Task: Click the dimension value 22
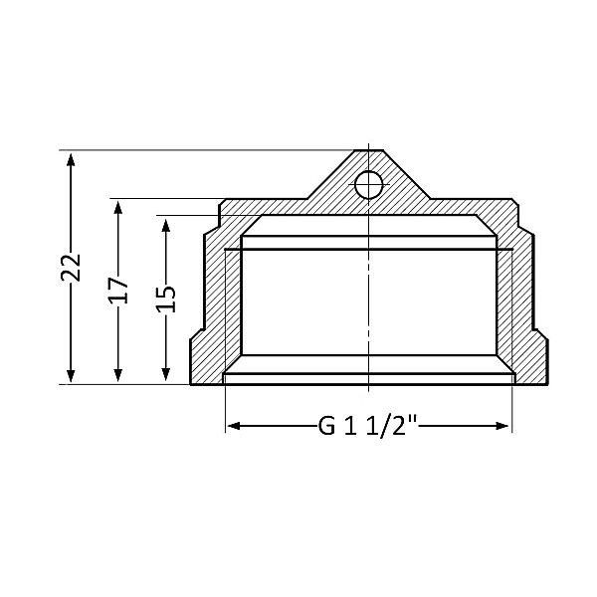(x=70, y=267)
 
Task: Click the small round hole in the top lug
(x=368, y=184)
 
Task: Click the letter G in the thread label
(x=326, y=427)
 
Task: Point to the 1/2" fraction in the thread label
(x=393, y=426)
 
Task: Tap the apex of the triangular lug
(x=368, y=150)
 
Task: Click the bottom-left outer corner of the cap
(x=191, y=384)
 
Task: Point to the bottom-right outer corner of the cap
(x=546, y=384)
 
